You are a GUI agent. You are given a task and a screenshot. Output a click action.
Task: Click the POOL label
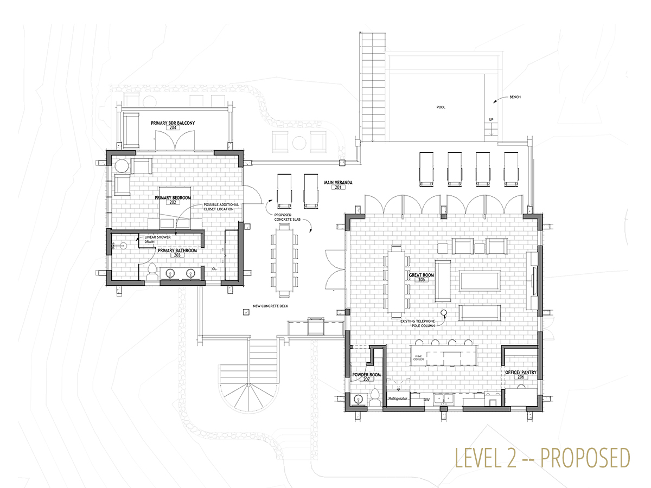(x=441, y=107)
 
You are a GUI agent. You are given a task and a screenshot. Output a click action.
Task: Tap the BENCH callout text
(x=515, y=97)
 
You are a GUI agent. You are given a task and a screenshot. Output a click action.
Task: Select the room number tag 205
(x=422, y=279)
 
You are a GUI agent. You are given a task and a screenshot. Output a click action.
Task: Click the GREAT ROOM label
(x=422, y=275)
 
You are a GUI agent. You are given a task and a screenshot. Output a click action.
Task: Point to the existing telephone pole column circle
(x=444, y=312)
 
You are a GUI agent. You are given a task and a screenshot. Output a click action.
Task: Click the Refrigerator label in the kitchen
(x=398, y=399)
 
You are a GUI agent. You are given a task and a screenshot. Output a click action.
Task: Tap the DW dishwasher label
(x=426, y=400)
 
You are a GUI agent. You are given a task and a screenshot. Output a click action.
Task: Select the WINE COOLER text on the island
(x=418, y=358)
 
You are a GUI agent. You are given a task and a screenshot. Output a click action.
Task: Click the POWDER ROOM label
(x=367, y=375)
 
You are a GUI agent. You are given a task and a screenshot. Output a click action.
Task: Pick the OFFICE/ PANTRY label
(x=521, y=372)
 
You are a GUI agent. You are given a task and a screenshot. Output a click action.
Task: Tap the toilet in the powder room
(x=374, y=397)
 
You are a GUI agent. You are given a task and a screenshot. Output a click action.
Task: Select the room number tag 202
(x=173, y=202)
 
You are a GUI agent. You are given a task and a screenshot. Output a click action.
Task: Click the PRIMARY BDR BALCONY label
(x=173, y=123)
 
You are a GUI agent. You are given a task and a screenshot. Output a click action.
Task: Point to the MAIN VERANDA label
(x=338, y=183)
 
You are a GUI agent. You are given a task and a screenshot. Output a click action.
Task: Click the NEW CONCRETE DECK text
(x=271, y=306)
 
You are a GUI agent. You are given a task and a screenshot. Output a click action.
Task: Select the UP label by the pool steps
(x=491, y=119)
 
